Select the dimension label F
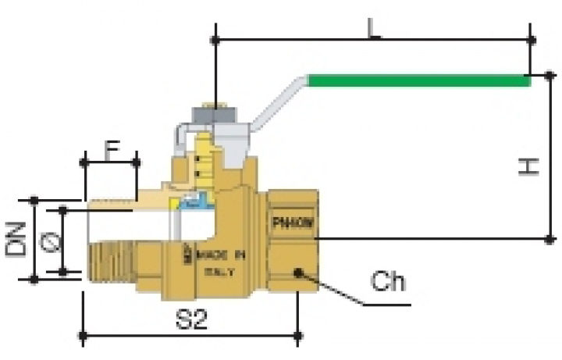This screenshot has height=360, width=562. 112,148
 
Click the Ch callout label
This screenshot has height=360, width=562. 388,281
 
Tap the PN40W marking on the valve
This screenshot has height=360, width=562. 293,222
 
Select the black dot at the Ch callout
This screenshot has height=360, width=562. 297,272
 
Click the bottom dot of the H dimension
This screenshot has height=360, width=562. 550,238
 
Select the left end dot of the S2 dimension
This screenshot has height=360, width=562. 83,337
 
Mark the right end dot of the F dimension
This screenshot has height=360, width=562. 137,162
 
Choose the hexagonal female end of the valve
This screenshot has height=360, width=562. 293,242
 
